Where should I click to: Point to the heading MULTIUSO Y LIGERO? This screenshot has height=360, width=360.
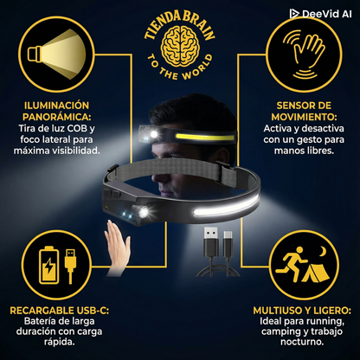tap(303, 310)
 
